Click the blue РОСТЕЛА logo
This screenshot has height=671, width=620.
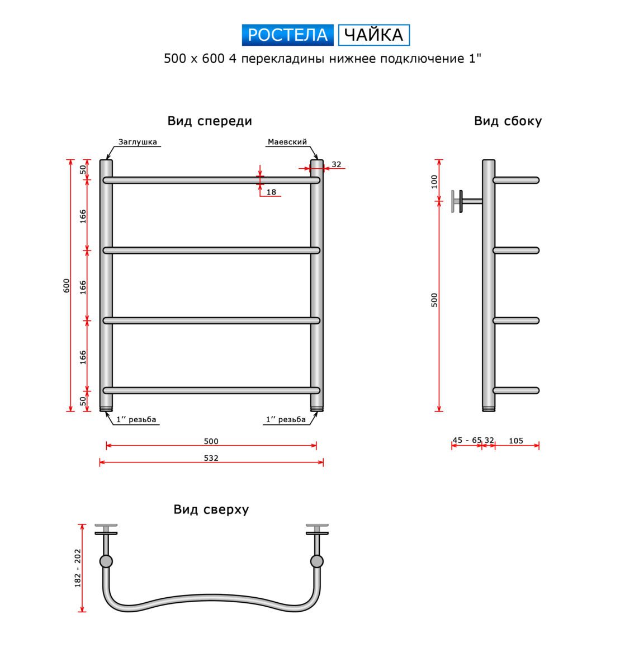click(287, 35)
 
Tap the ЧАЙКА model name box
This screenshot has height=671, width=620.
click(373, 35)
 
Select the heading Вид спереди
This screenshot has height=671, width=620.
click(210, 121)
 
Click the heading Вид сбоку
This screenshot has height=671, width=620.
click(508, 121)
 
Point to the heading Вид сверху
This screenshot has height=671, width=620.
click(211, 509)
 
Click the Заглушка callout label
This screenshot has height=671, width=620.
click(138, 142)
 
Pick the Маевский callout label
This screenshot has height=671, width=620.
click(287, 142)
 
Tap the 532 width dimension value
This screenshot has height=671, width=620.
click(211, 458)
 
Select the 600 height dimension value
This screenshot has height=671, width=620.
click(66, 286)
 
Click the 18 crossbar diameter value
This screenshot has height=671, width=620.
click(271, 192)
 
